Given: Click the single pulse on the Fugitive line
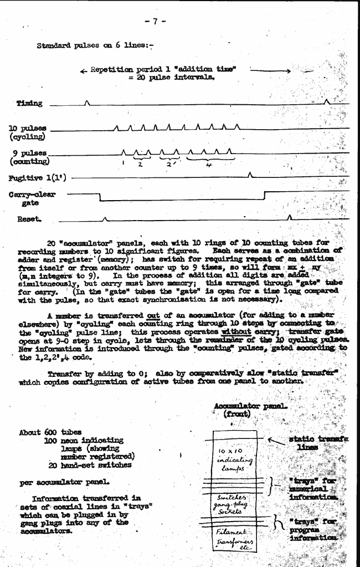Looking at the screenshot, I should tap(251, 175).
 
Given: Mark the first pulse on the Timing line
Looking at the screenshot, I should tap(86, 101).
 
